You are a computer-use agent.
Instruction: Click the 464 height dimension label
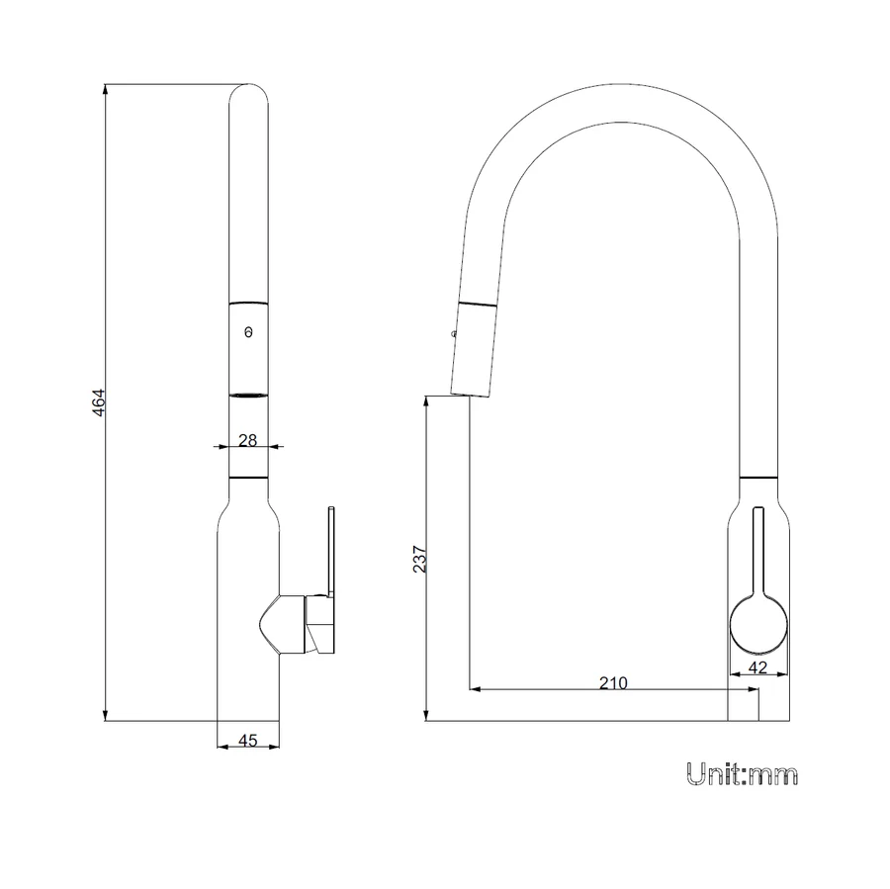click(99, 402)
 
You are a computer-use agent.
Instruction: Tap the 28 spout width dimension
click(247, 440)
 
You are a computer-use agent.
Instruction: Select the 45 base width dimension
click(248, 741)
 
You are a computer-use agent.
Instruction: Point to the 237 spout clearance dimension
click(419, 559)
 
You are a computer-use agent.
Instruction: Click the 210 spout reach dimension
click(613, 683)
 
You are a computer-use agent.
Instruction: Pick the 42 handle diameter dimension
click(758, 667)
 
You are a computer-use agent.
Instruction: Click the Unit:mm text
click(742, 774)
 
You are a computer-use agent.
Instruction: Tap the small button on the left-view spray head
click(248, 332)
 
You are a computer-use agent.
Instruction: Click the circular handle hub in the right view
click(758, 626)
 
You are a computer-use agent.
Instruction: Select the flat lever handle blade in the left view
click(331, 551)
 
